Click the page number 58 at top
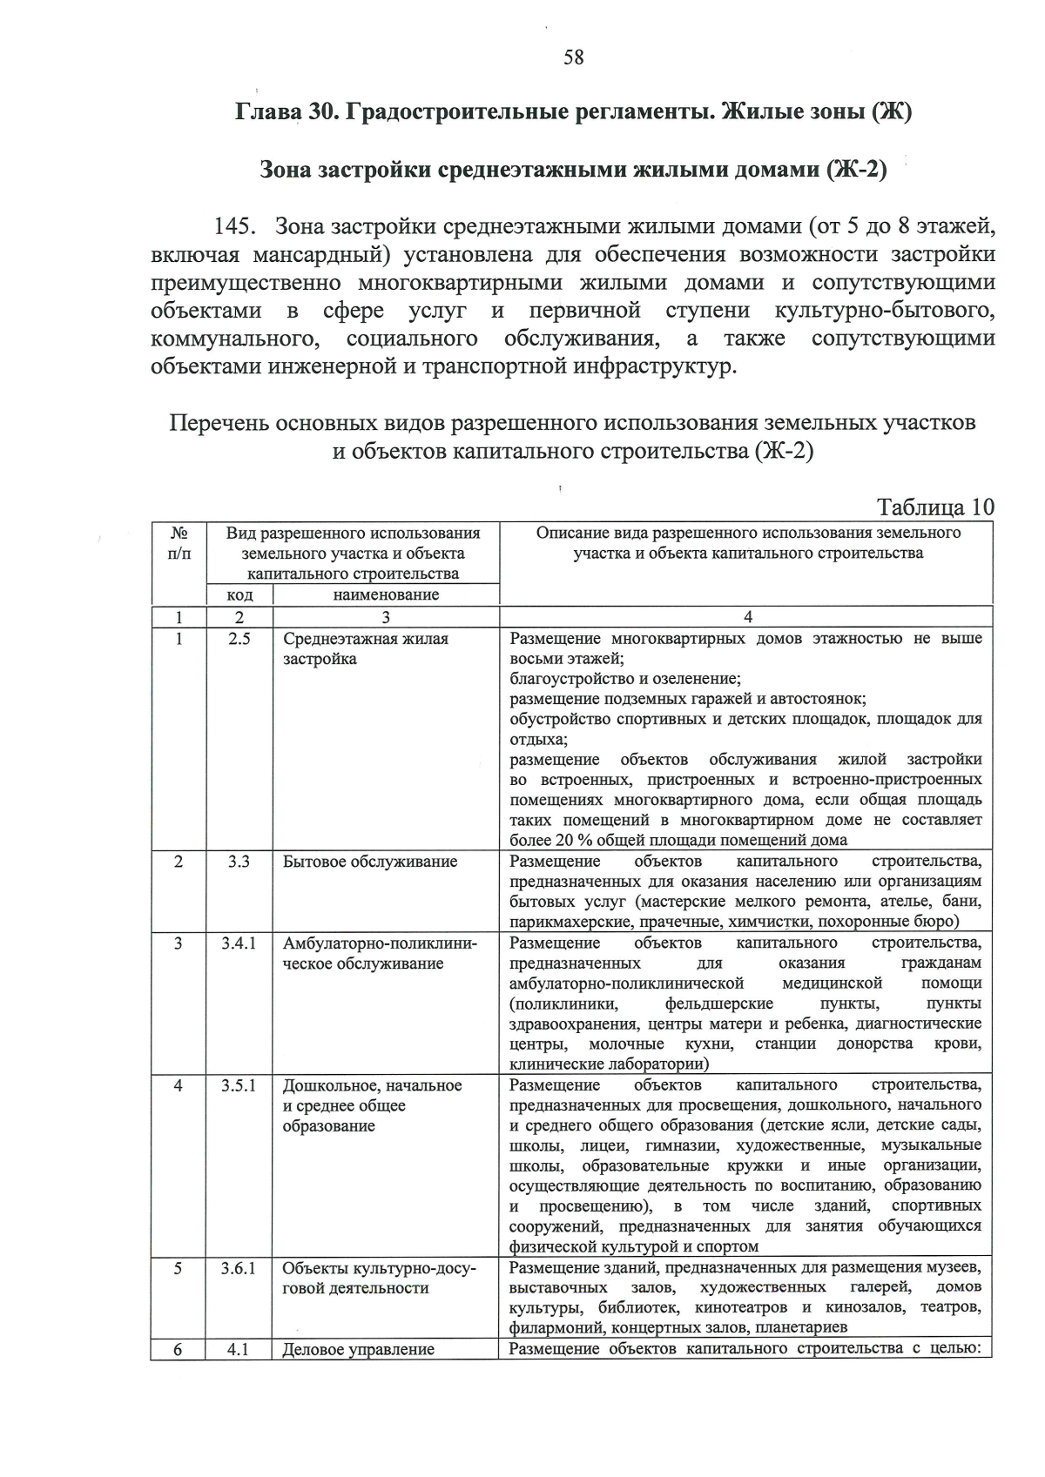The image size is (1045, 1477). pyautogui.click(x=573, y=57)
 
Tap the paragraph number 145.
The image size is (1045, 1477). pyautogui.click(x=234, y=227)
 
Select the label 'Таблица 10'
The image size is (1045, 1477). pyautogui.click(x=935, y=507)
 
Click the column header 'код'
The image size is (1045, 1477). pyautogui.click(x=239, y=595)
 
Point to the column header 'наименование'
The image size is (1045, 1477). pyautogui.click(x=386, y=595)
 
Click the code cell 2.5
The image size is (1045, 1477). pyautogui.click(x=239, y=639)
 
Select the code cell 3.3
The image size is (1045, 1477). pyautogui.click(x=239, y=862)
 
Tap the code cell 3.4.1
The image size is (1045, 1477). pyautogui.click(x=239, y=943)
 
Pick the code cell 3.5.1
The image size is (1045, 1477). pyautogui.click(x=239, y=1085)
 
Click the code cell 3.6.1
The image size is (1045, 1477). pyautogui.click(x=239, y=1269)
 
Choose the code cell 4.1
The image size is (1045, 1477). pyautogui.click(x=239, y=1350)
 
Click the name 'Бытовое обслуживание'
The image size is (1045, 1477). pyautogui.click(x=370, y=862)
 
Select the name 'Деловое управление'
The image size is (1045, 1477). pyautogui.click(x=359, y=1350)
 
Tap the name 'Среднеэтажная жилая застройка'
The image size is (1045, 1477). pyautogui.click(x=366, y=648)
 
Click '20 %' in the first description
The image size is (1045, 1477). pyautogui.click(x=564, y=841)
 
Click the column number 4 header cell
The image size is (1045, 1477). pyautogui.click(x=747, y=617)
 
